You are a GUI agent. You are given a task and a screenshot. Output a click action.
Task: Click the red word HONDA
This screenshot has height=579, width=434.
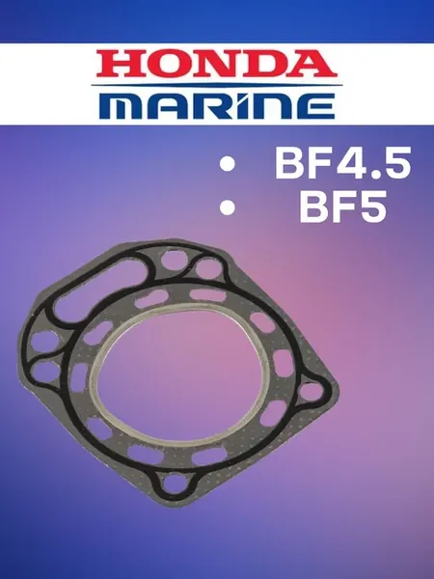pyautogui.click(x=217, y=64)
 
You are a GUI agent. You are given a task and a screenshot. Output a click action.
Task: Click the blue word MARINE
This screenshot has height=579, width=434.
pyautogui.click(x=217, y=106)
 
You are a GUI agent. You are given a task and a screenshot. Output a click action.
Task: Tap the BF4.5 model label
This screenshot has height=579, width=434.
pyautogui.click(x=342, y=163)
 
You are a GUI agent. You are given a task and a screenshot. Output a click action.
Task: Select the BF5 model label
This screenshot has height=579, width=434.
pyautogui.click(x=343, y=207)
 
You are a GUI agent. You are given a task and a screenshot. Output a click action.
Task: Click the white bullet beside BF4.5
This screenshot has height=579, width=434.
pyautogui.click(x=228, y=164)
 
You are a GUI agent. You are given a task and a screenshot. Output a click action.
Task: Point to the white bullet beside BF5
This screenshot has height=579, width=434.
pyautogui.click(x=228, y=207)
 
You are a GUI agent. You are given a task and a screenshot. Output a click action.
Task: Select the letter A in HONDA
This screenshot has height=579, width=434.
pyautogui.click(x=313, y=64)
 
